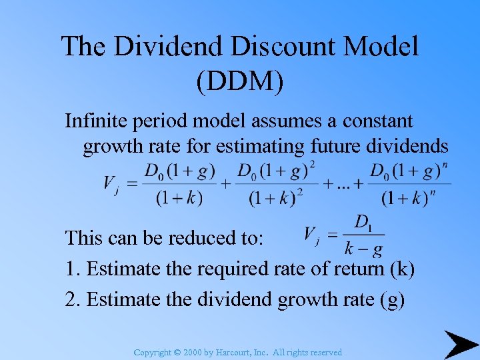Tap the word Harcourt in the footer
234,352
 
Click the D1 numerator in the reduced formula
363,223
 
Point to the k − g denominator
363,250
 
